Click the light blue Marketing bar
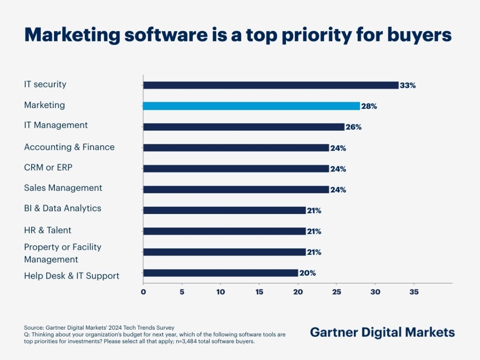pos(251,106)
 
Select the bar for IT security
pos(271,85)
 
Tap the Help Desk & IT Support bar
pos(220,273)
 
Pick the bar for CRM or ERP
pos(236,169)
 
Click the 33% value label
pos(408,85)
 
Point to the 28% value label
pos(369,106)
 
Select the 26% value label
pos(353,127)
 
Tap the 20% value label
pos(307,273)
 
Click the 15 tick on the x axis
pos(259,292)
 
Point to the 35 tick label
pos(414,292)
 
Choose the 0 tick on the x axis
pos(143,292)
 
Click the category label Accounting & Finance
pos(69,147)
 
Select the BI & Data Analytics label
pos(62,208)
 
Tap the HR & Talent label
pos(48,230)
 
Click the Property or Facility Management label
pos(62,253)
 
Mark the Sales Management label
pos(63,188)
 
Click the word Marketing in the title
pos(72,35)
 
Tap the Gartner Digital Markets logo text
pos(382,332)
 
